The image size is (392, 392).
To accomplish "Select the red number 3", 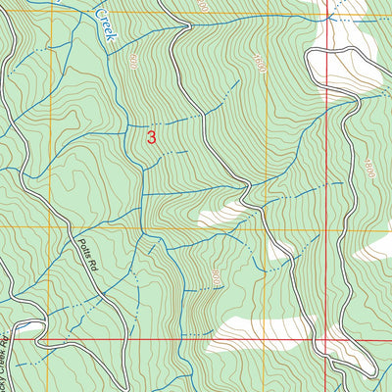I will pyautogui.click(x=151, y=138).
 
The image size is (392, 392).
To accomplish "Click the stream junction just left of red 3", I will pyautogui.click(x=129, y=128).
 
